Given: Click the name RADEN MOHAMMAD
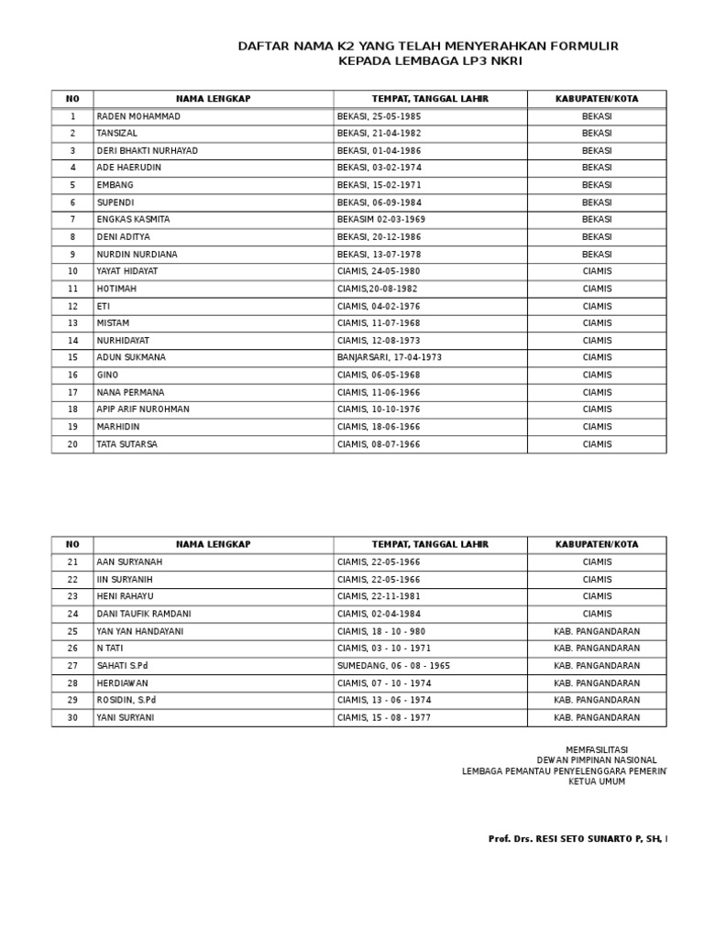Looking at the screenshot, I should [138, 116].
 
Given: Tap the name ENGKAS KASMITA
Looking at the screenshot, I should [133, 220].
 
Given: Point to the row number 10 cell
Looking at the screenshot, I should [72, 271].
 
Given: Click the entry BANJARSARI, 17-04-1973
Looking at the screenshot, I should [389, 357].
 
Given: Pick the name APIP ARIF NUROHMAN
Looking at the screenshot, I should [143, 409].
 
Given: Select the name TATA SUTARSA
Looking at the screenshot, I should [126, 444].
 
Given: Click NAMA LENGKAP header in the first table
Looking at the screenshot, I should [213, 99].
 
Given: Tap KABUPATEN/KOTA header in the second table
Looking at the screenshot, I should [597, 544].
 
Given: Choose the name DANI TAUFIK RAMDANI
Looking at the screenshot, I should [144, 614].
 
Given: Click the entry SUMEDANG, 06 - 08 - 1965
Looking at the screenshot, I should [393, 666].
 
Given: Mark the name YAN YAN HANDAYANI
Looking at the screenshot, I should [139, 631].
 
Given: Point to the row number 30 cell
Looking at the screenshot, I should [72, 717].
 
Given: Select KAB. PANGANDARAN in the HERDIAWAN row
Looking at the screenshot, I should [597, 683].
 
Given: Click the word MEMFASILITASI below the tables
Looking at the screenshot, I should [597, 749].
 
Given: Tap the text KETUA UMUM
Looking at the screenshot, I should [597, 781].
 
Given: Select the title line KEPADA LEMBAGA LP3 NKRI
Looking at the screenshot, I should [430, 61].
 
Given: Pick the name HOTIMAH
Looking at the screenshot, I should [116, 289].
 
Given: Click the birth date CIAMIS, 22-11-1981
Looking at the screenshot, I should [379, 596].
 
